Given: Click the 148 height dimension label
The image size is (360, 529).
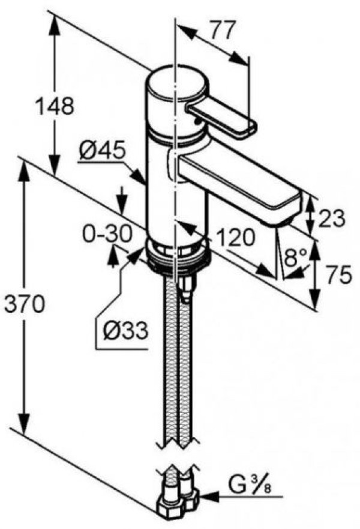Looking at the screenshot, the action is [55, 105].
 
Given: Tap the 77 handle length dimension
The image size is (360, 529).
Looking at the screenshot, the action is [223, 30].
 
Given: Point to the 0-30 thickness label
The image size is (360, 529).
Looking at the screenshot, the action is [107, 234].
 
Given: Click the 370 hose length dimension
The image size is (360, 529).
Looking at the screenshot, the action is [24, 304].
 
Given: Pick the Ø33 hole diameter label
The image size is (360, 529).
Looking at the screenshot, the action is [125, 330].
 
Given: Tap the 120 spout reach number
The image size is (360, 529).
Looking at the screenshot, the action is [235, 238].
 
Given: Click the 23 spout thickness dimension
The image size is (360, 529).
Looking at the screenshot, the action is [331, 219].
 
